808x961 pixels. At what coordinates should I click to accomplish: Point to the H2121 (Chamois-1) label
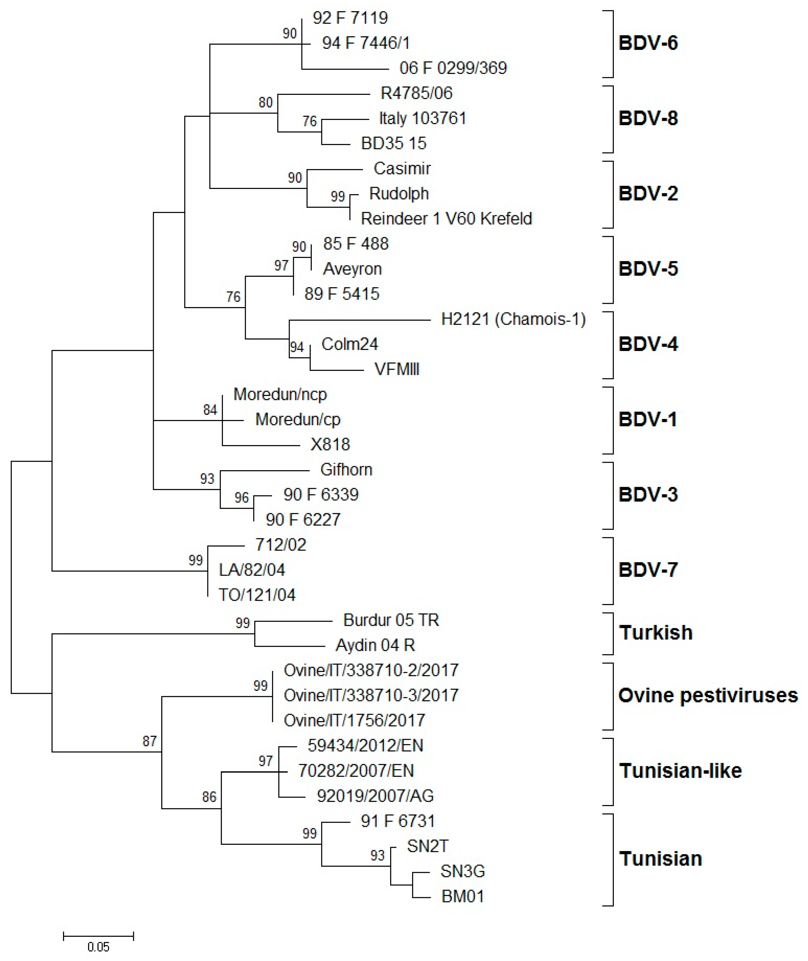pyautogui.click(x=513, y=319)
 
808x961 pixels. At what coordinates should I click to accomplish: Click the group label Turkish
pyautogui.click(x=656, y=633)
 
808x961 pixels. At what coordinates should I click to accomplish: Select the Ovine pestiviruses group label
pyautogui.click(x=708, y=695)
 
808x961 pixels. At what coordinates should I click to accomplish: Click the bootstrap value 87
pyautogui.click(x=149, y=741)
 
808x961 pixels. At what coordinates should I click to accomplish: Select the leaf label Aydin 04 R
pyautogui.click(x=375, y=645)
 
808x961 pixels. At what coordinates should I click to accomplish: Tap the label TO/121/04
pyautogui.click(x=257, y=595)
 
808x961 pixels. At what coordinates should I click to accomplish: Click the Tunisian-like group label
pyautogui.click(x=680, y=771)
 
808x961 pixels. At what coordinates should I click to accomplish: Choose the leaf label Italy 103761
pyautogui.click(x=422, y=119)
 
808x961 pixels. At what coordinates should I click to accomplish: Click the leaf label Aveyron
pyautogui.click(x=352, y=269)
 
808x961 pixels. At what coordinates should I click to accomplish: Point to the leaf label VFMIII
pyautogui.click(x=397, y=369)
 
